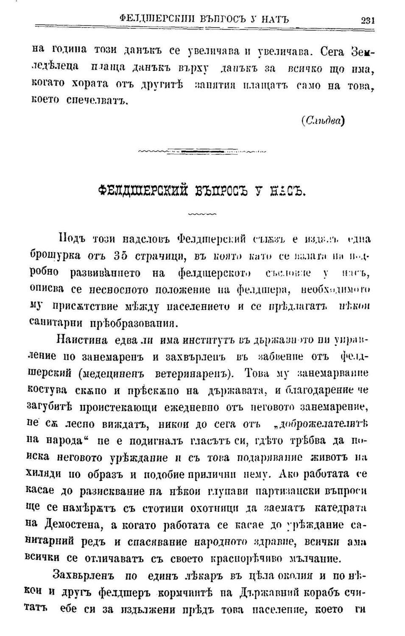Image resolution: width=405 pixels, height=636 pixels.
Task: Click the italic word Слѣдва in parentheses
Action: pos(322,120)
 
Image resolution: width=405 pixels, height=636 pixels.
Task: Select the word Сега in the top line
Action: pos(334,52)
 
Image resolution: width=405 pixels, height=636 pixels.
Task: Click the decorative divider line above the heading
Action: pos(203,151)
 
